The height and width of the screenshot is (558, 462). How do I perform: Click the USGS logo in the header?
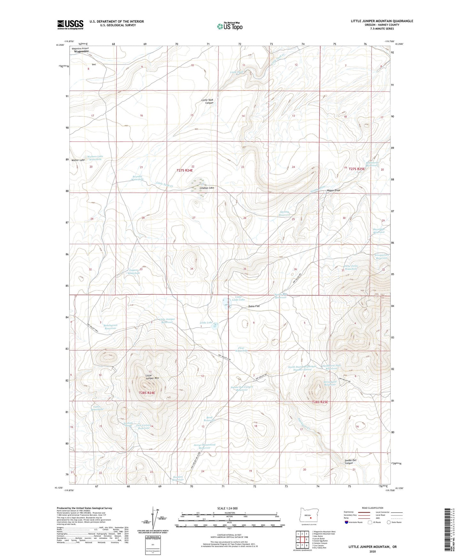[x=70, y=25]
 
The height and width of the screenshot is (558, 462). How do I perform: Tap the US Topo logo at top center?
[x=229, y=26]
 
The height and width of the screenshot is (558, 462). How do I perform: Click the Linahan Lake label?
[x=207, y=188]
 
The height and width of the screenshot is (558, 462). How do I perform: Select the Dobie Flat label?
[x=254, y=306]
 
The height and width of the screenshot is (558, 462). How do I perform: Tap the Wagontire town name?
[x=81, y=51]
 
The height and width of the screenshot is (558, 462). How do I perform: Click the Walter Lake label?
[x=78, y=160]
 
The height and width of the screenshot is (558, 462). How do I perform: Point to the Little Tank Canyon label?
[x=207, y=101]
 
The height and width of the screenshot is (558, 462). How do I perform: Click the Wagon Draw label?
[x=333, y=190]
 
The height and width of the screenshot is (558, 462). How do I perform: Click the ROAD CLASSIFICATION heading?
[x=372, y=508]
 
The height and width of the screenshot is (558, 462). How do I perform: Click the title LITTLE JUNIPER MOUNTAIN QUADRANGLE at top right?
[x=382, y=21]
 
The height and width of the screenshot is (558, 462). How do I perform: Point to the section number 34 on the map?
[x=192, y=269]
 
